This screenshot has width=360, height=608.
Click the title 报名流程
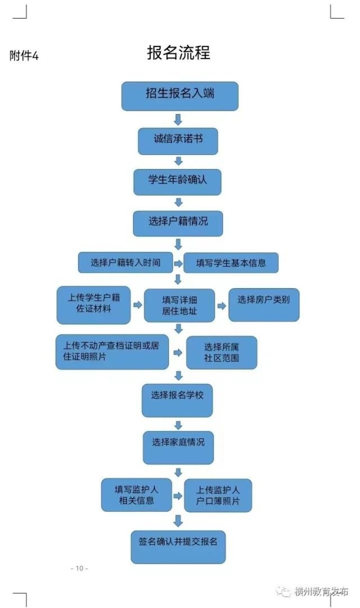pyautogui.click(x=179, y=53)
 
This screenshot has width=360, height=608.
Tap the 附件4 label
pyautogui.click(x=24, y=56)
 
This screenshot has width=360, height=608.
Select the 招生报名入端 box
pyautogui.click(x=180, y=95)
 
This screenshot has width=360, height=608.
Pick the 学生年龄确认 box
pyautogui.click(x=177, y=181)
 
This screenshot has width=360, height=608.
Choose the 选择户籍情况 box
pyautogui.click(x=178, y=223)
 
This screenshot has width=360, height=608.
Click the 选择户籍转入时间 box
pyautogui.click(x=125, y=262)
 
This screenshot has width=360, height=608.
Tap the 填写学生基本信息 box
pyautogui.click(x=231, y=262)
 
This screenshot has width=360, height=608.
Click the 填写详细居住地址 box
pyautogui.click(x=179, y=305)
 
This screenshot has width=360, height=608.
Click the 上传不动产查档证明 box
pyautogui.click(x=112, y=352)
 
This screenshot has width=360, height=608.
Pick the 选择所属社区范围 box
pyautogui.click(x=221, y=352)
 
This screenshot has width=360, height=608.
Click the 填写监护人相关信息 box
pyautogui.click(x=136, y=495)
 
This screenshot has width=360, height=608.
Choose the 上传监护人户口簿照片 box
pyautogui.click(x=218, y=495)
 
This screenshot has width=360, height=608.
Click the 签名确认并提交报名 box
pyautogui.click(x=178, y=546)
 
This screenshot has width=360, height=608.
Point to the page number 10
pyautogui.click(x=79, y=568)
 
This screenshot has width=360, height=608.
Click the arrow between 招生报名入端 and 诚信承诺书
pyautogui.click(x=178, y=120)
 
